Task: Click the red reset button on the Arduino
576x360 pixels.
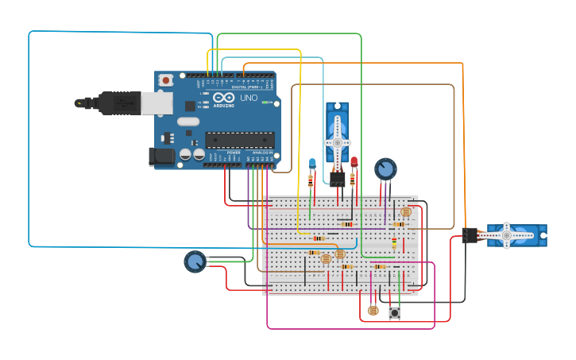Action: click(165, 80)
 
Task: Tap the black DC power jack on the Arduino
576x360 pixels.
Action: click(162, 157)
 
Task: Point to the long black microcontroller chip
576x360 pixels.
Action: click(240, 140)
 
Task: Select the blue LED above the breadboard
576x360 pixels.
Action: click(311, 163)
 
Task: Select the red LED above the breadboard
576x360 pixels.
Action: click(354, 162)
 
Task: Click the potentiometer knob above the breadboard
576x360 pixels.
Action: click(385, 168)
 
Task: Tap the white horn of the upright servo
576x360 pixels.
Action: click(338, 142)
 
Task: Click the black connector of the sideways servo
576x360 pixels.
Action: click(470, 235)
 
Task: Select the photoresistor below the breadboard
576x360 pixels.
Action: click(373, 311)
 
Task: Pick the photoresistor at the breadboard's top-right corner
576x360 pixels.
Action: click(406, 212)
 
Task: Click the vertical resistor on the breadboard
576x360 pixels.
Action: click(394, 242)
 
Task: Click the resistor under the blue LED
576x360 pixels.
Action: click(311, 180)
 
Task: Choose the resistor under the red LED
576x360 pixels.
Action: click(354, 180)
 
